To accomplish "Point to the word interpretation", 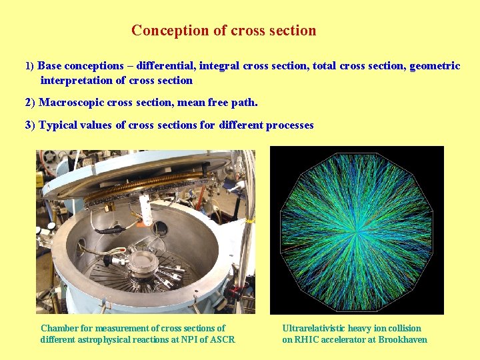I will [x=74, y=81].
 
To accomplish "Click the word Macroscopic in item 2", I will [x=71, y=103].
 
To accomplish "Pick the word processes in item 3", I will [x=289, y=125].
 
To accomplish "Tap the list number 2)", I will [x=30, y=103].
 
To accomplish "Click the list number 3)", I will [x=30, y=125].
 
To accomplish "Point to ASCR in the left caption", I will [x=222, y=339].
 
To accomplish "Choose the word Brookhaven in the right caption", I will [x=403, y=339].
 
